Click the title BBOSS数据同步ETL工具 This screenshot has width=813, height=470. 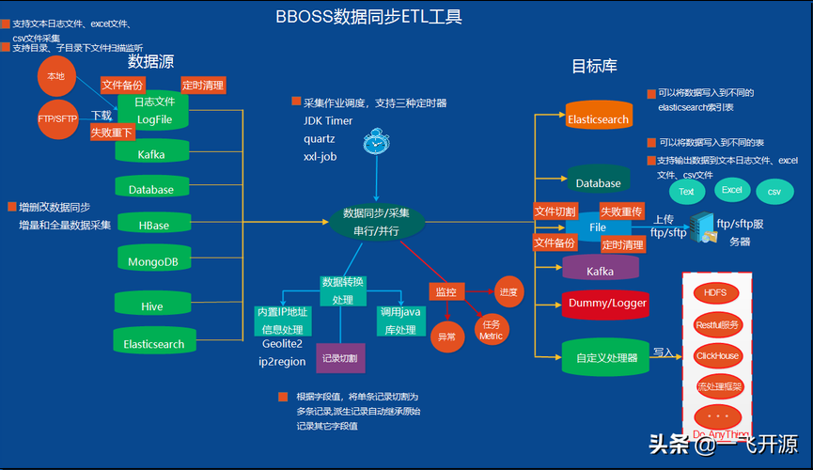(x=368, y=17)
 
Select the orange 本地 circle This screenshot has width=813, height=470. (x=56, y=75)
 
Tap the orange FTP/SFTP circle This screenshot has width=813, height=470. (x=57, y=118)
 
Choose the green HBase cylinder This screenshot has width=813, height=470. (x=153, y=224)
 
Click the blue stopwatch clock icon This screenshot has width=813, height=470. (x=376, y=142)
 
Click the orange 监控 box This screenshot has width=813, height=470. (x=447, y=292)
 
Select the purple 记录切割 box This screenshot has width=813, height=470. (x=339, y=358)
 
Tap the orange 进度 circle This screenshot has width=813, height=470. (x=508, y=290)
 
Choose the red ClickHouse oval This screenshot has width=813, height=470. (x=717, y=355)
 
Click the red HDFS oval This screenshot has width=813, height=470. (x=716, y=292)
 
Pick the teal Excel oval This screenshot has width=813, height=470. (x=731, y=190)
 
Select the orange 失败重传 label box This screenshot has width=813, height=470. (x=621, y=211)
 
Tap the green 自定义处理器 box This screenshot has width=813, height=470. (x=606, y=356)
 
